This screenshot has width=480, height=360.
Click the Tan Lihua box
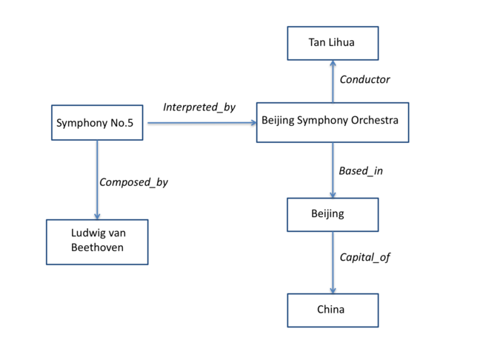coord(332,43)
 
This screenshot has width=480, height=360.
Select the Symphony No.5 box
coord(96,123)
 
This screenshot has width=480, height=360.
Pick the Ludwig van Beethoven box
coord(97,241)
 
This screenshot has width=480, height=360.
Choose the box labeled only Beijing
coord(332,215)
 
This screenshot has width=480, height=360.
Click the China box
coord(332,310)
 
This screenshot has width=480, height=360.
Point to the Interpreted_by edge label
coord(199,107)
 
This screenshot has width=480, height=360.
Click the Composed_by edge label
coord(133,181)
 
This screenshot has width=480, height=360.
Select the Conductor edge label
coord(364,79)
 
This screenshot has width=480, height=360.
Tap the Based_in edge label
coord(361,171)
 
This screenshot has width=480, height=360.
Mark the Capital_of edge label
coord(364,258)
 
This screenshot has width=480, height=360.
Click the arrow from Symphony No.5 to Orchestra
coord(200,123)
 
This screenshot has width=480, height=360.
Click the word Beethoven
coord(97,249)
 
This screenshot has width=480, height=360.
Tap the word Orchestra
coord(375,119)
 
